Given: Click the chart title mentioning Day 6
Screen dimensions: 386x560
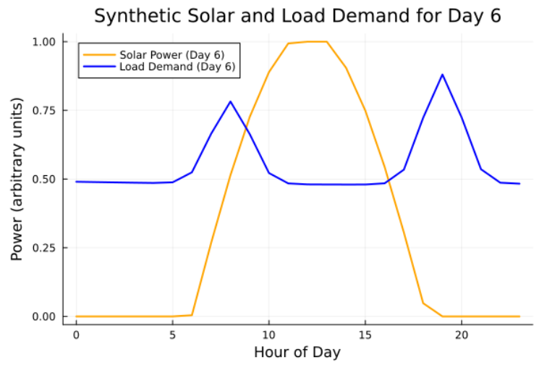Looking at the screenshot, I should pyautogui.click(x=297, y=16).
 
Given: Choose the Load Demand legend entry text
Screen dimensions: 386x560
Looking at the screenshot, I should pyautogui.click(x=178, y=67).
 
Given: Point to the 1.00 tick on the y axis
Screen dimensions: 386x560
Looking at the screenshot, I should pyautogui.click(x=45, y=42).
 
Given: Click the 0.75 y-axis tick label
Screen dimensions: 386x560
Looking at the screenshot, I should pyautogui.click(x=45, y=111).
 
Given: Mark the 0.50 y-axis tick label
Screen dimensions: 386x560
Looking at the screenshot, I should pyautogui.click(x=45, y=180).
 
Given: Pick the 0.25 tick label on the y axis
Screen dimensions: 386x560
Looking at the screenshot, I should pyautogui.click(x=45, y=248).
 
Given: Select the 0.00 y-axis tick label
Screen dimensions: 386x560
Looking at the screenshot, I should pyautogui.click(x=45, y=316).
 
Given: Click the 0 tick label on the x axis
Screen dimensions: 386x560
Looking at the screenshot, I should pyautogui.click(x=76, y=335).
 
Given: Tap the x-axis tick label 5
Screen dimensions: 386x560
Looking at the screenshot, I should pyautogui.click(x=172, y=335).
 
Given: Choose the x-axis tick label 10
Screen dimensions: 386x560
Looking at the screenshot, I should pyautogui.click(x=268, y=335).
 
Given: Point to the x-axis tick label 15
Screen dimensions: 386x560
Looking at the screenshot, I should pyautogui.click(x=365, y=335).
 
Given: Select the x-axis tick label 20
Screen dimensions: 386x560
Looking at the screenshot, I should pyautogui.click(x=462, y=335).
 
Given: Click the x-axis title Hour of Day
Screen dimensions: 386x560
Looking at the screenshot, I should pyautogui.click(x=297, y=353).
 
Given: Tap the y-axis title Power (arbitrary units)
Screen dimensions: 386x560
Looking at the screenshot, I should pyautogui.click(x=17, y=180).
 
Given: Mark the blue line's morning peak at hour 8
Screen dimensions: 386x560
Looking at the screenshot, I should pyautogui.click(x=230, y=101).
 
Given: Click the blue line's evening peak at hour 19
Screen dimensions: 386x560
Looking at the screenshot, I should pyautogui.click(x=442, y=75).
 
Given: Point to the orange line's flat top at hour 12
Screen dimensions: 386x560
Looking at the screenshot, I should pyautogui.click(x=307, y=41).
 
